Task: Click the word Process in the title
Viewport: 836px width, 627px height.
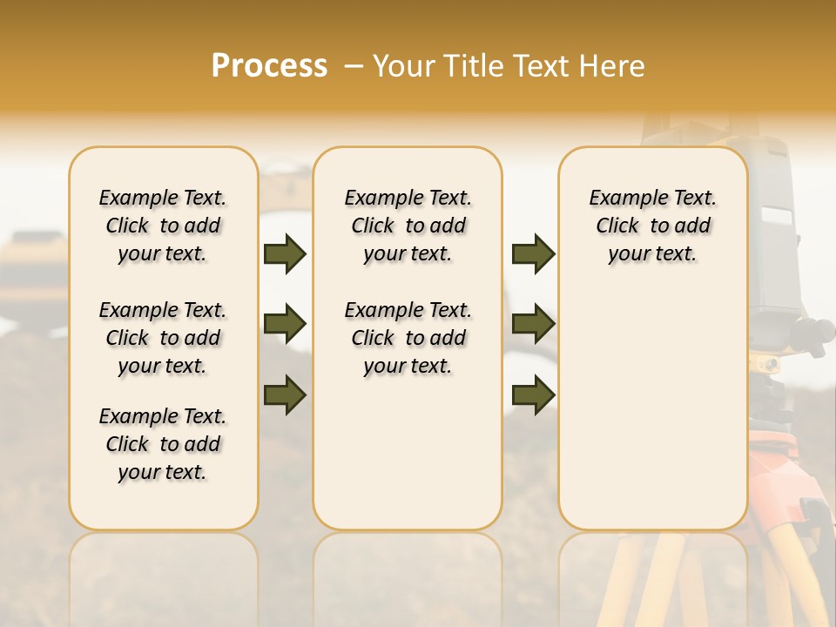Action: (x=269, y=66)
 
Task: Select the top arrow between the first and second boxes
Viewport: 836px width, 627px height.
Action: (x=285, y=254)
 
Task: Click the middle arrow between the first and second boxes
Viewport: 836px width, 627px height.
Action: (x=285, y=325)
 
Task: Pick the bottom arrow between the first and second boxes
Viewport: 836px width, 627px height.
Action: (x=285, y=395)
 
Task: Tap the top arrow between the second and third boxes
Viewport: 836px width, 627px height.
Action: (x=533, y=254)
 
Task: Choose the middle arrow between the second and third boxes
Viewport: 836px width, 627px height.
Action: (x=533, y=325)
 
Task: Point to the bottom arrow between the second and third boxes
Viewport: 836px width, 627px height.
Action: (x=533, y=395)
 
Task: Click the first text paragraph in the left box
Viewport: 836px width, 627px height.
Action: (x=163, y=226)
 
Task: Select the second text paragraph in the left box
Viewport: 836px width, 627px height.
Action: (x=163, y=338)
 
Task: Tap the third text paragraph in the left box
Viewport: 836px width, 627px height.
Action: (x=163, y=444)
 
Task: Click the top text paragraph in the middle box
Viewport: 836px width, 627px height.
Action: (x=408, y=226)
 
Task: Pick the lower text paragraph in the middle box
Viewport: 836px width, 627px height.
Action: (x=408, y=338)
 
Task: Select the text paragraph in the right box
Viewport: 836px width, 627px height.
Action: (x=652, y=226)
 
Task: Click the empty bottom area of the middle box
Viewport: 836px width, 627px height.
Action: (x=408, y=462)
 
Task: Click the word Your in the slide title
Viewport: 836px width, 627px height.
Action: (x=400, y=66)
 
